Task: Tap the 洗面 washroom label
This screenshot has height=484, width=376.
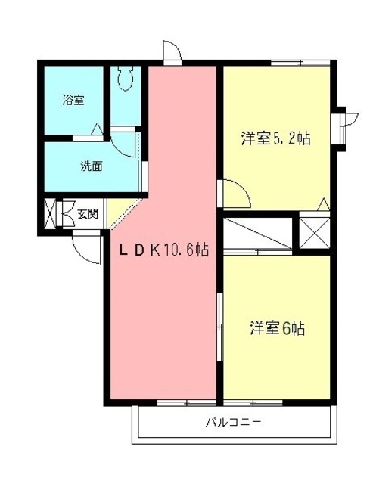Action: [x=91, y=167]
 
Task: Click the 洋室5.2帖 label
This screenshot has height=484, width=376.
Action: [x=276, y=138]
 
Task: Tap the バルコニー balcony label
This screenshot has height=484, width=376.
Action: [x=233, y=422]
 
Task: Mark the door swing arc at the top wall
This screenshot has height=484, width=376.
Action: [x=172, y=51]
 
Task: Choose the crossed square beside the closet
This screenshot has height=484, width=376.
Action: [x=314, y=231]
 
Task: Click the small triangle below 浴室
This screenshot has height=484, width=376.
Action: [x=98, y=130]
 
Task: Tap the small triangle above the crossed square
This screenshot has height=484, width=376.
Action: [x=322, y=203]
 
